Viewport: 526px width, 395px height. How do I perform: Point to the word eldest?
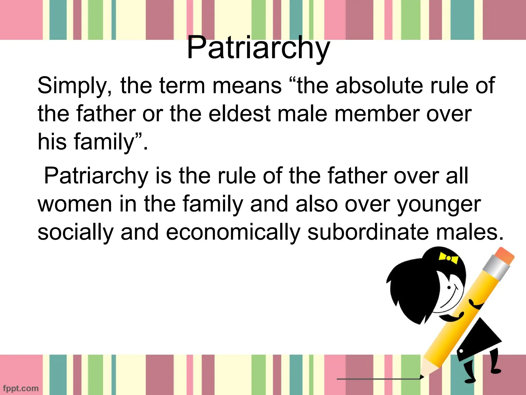[239, 114]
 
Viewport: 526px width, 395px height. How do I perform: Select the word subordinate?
[368, 232]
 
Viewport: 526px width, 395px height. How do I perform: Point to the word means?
[247, 85]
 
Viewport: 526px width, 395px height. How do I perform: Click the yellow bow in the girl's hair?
[448, 258]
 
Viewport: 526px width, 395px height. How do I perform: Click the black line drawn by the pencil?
[378, 379]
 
